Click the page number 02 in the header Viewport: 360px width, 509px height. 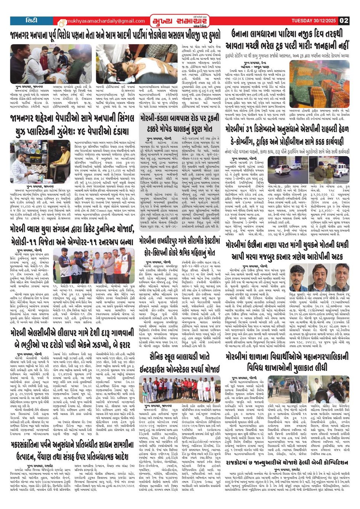point(344,21)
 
